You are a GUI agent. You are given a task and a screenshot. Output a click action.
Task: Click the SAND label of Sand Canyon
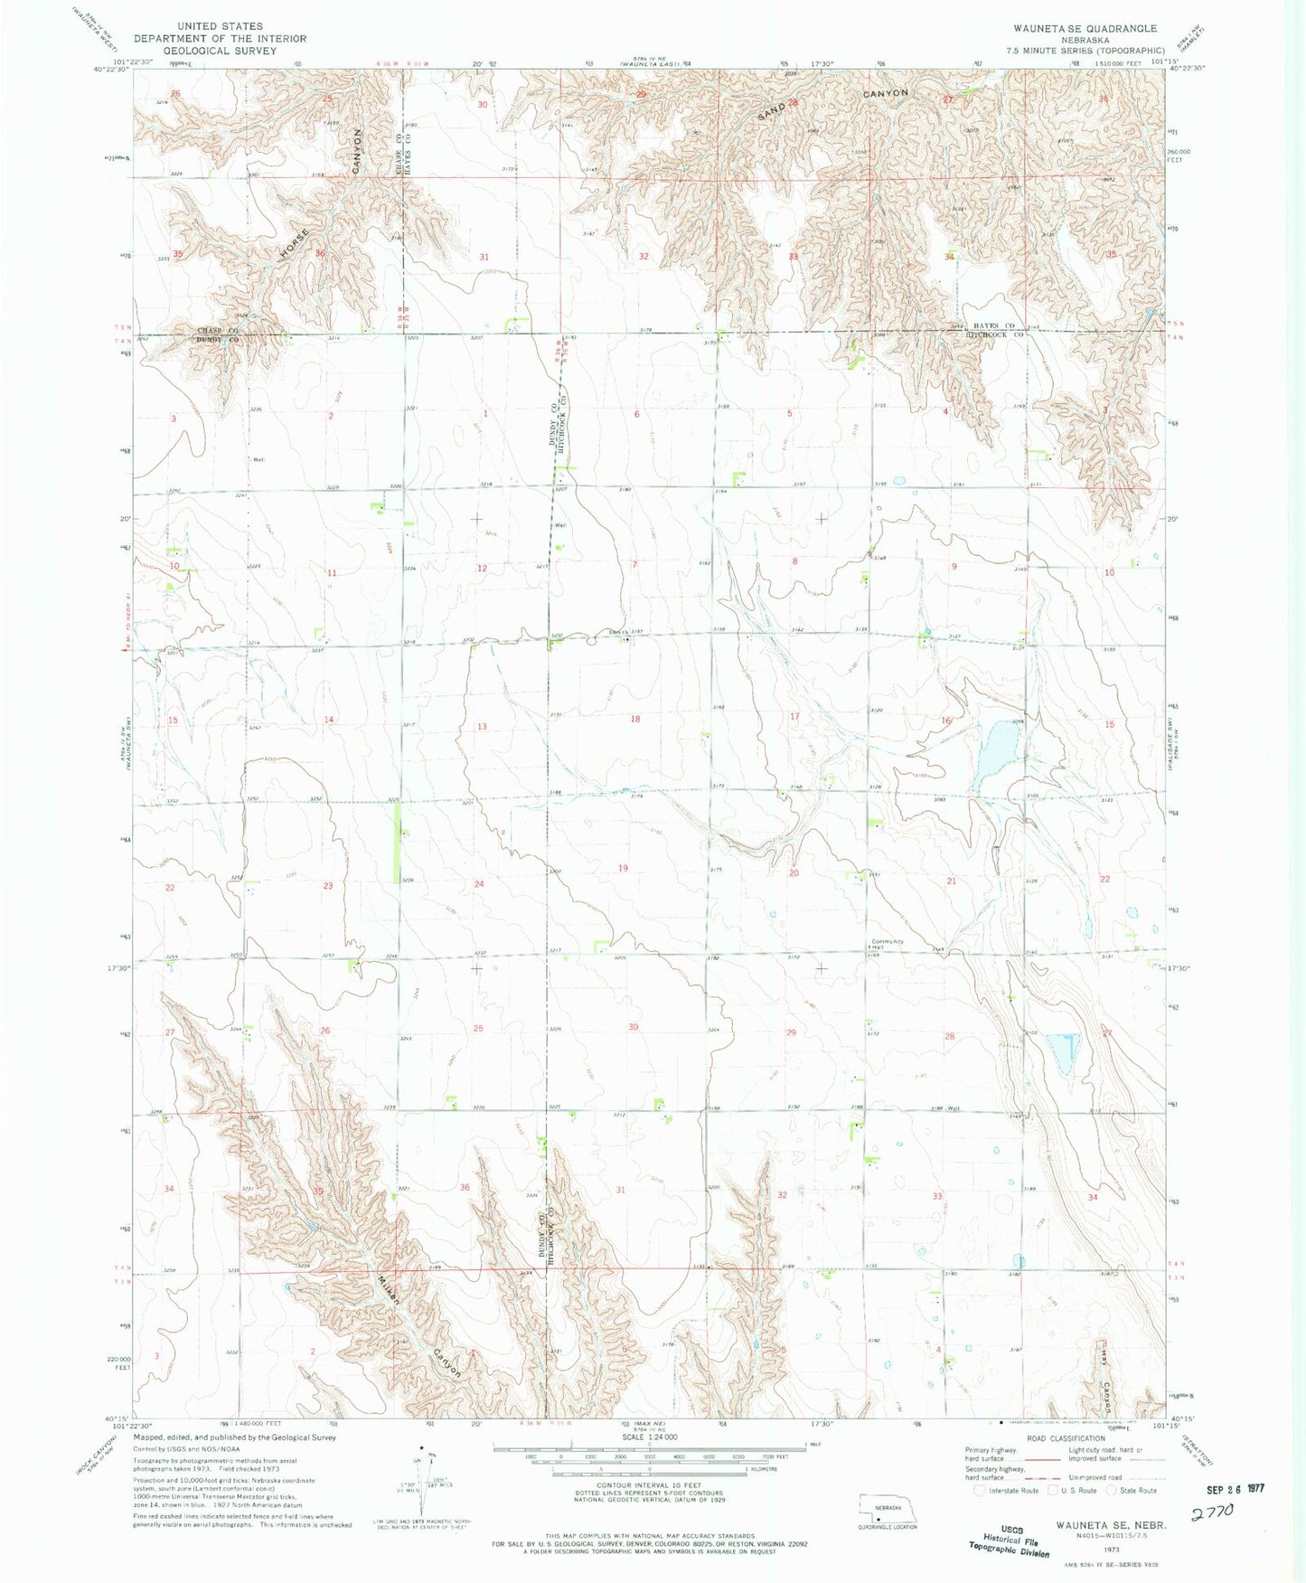click(774, 110)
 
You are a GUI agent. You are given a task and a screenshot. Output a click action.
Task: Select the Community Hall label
click(887, 944)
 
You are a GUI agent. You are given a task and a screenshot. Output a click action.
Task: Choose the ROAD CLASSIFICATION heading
click(1066, 1438)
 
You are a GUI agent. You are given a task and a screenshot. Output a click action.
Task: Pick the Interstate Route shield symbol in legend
click(980, 1491)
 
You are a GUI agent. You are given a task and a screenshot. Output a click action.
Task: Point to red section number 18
click(635, 719)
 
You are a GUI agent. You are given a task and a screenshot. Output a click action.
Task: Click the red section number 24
click(479, 883)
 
